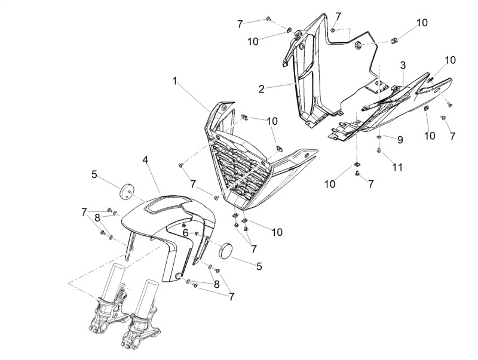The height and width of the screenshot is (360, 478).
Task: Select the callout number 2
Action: coord(262,89)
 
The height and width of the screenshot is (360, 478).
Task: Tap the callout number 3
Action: coord(403,65)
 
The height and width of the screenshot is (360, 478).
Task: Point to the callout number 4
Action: coord(146,159)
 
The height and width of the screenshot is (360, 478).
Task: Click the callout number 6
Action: coord(186,233)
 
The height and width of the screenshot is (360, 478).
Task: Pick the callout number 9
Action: coord(400,140)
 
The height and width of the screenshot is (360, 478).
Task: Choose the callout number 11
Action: coord(397,167)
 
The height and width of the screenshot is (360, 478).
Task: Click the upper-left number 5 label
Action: coord(94,174)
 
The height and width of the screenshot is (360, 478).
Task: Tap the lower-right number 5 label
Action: coord(259,266)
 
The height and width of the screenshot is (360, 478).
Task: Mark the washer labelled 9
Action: coord(379,137)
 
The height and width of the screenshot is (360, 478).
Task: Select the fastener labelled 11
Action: coord(379,150)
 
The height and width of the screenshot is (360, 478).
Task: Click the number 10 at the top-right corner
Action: coord(422,23)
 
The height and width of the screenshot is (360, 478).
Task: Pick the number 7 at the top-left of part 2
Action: coord(240,24)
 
